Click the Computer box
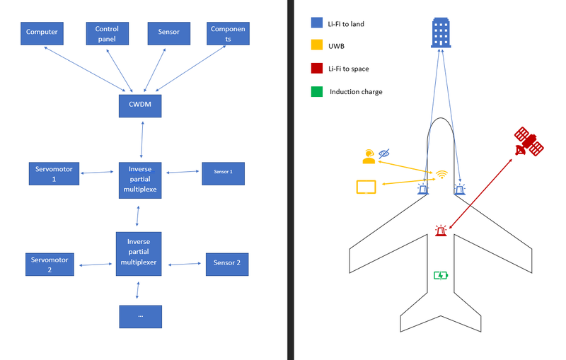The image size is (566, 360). pos(42,33)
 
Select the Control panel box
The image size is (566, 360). pos(107,33)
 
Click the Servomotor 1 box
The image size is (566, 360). pos(54,173)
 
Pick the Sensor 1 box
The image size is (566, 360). pos(223,173)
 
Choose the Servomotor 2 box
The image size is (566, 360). pos(50,264)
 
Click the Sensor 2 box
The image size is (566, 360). pos(227,263)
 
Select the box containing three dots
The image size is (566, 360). pos(140,316)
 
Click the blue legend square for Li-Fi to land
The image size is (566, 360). pos(317,23)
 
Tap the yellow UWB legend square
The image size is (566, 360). pos(317,46)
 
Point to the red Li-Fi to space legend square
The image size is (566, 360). pos(317,69)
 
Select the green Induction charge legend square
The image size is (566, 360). pos(317,91)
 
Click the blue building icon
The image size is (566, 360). pos(441,33)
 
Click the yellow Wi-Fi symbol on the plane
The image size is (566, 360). pos(442,174)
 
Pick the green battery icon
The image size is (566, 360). pos(440,275)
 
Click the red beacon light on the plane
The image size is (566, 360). pos(441,230)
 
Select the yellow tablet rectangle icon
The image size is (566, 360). pos(366,187)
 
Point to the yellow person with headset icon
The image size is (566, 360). pos(368,156)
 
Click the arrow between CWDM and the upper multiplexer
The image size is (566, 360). pos(142,139)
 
